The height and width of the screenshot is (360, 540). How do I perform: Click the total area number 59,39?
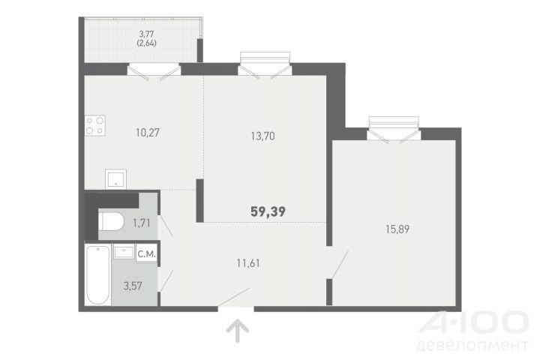268,211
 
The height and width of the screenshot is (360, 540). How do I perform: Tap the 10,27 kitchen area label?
148,133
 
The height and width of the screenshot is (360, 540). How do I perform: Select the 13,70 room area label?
262,136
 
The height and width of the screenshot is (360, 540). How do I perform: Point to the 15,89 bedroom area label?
397,229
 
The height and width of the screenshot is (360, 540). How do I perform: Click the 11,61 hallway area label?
248,263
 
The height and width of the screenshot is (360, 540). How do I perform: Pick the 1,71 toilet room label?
142,223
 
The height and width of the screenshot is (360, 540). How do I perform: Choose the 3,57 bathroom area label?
133,286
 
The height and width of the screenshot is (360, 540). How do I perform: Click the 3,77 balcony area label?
146,34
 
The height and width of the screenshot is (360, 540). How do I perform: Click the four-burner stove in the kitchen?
95,125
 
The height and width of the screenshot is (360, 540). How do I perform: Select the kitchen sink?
115,178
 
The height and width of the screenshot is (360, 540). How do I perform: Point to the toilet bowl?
111,221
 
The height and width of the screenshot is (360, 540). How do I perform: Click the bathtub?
97,275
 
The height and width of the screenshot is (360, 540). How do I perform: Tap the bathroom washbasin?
124,251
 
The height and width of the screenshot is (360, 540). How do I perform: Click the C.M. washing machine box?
147,254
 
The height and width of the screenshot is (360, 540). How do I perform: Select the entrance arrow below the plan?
238,331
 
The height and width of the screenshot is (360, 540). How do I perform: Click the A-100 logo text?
473,322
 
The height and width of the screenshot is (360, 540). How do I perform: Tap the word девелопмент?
472,346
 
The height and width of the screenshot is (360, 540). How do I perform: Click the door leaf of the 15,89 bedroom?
339,264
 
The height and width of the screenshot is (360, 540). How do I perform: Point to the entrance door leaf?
234,296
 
